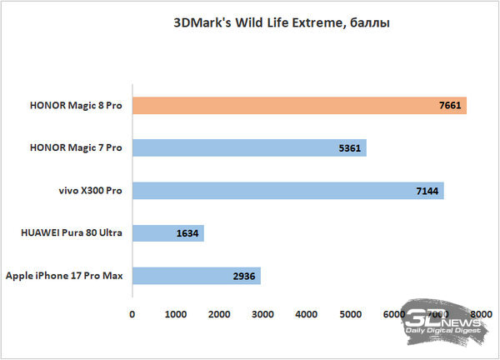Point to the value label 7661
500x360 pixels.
[x=449, y=106]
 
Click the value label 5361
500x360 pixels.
[x=349, y=148]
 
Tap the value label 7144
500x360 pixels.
[x=427, y=191]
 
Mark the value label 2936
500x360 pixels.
[x=243, y=276]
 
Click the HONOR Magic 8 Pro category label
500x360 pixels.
[x=75, y=106]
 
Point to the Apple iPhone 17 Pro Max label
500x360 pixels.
[x=64, y=276]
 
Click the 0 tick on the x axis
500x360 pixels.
[x=132, y=314]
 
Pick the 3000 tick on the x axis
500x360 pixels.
[x=262, y=314]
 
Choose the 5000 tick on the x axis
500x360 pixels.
[x=350, y=314]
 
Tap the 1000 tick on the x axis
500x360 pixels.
[x=175, y=314]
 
